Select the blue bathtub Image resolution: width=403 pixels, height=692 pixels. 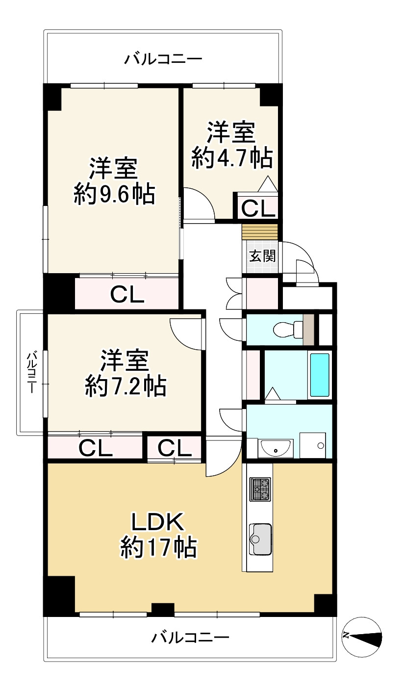320,375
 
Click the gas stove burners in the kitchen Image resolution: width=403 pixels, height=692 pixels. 260,489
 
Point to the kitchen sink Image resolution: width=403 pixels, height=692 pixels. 260,539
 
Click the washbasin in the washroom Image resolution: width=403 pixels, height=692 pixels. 276,447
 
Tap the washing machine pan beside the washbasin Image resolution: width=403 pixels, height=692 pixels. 312,445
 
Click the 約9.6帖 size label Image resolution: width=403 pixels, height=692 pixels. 114,194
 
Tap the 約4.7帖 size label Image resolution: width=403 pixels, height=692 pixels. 232,158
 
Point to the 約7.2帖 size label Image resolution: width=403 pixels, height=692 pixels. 126,386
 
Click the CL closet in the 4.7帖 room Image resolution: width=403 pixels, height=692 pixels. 258,208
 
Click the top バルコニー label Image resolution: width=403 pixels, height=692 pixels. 163,58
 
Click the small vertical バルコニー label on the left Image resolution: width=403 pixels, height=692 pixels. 31,372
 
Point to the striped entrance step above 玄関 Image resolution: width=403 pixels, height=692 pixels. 260,232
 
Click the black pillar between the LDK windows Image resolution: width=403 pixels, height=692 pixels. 163,610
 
